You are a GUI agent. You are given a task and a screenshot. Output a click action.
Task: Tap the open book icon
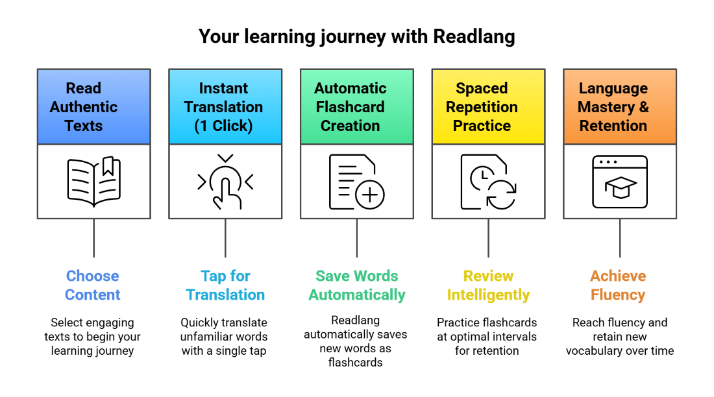click(94, 182)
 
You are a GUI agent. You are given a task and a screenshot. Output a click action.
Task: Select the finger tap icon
click(225, 182)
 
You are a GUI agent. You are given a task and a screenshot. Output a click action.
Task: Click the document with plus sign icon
click(356, 182)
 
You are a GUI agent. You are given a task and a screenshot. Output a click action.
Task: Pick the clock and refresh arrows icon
click(488, 182)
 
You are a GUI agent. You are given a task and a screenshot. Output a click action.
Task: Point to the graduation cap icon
click(620, 182)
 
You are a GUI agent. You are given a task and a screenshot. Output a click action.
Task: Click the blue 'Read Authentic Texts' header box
click(94, 106)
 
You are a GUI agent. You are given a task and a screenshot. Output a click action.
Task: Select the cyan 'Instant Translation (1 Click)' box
click(225, 106)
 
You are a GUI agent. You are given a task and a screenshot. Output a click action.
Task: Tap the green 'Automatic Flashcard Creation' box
click(356, 106)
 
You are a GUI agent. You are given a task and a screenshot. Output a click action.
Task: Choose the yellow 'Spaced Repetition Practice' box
click(488, 106)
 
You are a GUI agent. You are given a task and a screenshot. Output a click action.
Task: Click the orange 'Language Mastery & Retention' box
click(620, 106)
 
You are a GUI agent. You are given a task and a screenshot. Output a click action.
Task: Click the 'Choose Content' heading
click(93, 285)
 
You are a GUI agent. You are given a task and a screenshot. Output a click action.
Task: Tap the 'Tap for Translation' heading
click(225, 285)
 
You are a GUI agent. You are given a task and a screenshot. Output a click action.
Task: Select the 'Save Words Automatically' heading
click(356, 285)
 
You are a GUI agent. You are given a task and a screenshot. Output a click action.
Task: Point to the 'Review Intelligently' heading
click(488, 285)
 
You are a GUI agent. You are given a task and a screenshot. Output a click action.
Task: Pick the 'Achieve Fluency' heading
click(618, 285)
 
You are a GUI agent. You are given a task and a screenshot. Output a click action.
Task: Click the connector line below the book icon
click(94, 237)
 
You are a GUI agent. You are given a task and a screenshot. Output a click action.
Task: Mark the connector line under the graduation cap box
click(620, 237)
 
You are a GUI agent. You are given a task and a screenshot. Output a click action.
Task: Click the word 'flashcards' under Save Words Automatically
click(356, 363)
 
